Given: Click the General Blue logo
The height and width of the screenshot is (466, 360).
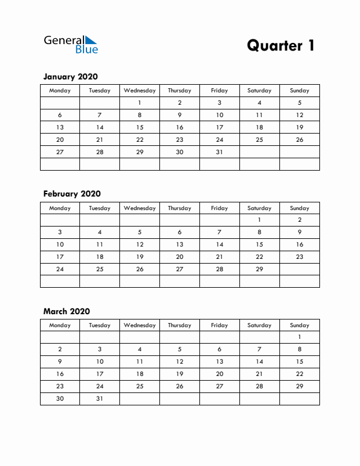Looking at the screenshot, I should [x=71, y=44].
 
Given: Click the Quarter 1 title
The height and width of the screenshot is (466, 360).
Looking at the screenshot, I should [x=281, y=45].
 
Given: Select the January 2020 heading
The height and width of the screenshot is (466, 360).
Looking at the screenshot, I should [x=71, y=76].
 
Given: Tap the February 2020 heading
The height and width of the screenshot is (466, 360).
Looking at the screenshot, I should [x=72, y=194].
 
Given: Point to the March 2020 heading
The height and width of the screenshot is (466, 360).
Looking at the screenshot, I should [x=66, y=311].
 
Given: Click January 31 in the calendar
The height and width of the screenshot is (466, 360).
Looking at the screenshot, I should [x=219, y=152].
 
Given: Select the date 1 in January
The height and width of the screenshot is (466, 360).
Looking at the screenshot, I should [x=139, y=102].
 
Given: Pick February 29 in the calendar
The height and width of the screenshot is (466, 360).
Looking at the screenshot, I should [x=259, y=269].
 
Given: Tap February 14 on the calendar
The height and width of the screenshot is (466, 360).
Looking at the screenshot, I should [x=219, y=244].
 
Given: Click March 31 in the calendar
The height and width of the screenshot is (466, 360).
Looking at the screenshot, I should [x=99, y=399].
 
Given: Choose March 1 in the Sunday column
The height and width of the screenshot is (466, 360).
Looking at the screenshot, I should [x=299, y=337].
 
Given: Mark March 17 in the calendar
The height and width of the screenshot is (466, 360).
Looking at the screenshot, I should [x=99, y=374].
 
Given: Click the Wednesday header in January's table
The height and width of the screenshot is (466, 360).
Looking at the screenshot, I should [x=139, y=91].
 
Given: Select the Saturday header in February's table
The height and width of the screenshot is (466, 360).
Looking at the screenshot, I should [x=259, y=208].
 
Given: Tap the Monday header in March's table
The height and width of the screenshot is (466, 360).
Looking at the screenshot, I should [x=59, y=325].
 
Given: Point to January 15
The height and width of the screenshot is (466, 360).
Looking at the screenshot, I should [x=139, y=127].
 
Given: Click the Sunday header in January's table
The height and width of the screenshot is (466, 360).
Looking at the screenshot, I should [x=299, y=91].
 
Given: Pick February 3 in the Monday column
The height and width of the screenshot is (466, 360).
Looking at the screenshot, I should [x=59, y=232].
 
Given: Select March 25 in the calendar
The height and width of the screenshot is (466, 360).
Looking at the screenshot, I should [x=139, y=387].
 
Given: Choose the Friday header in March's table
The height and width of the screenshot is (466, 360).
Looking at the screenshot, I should [x=219, y=325].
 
